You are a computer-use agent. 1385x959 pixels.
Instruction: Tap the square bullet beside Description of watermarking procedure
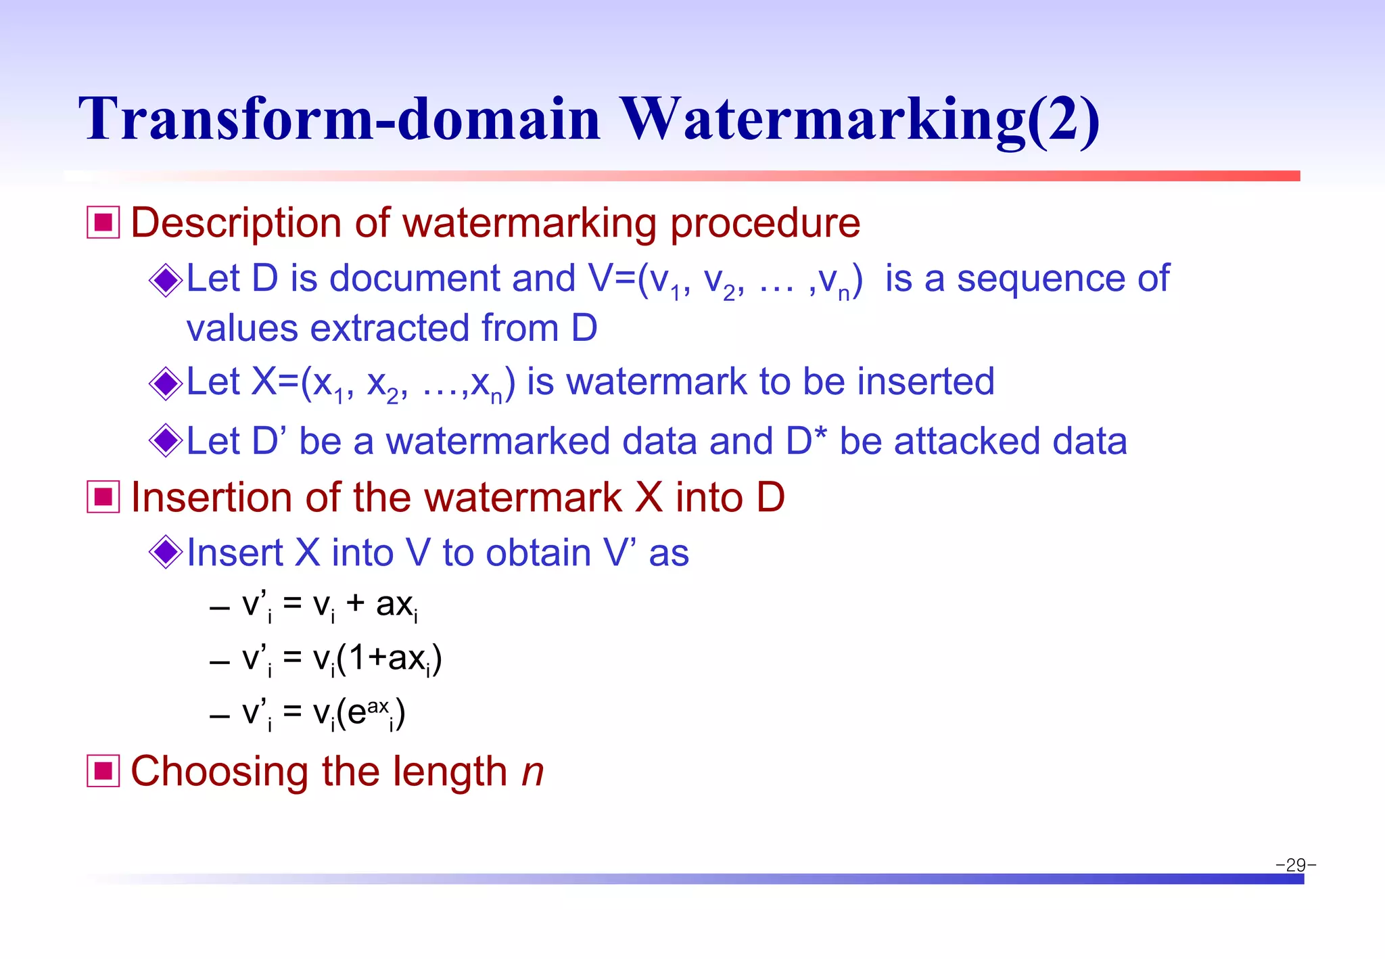(103, 223)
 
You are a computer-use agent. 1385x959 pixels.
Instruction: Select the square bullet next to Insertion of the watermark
(103, 497)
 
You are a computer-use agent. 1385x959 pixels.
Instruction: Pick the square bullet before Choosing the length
(103, 771)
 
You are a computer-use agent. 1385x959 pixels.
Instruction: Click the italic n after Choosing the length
(533, 772)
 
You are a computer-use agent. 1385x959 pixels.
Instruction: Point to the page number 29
(1296, 865)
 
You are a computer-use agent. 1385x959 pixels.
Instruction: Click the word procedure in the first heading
(765, 224)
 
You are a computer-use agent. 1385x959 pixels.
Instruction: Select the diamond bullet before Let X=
(166, 383)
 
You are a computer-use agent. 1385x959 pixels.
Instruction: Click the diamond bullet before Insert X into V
(166, 552)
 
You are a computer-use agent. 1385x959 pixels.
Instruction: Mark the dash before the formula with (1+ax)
(220, 661)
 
